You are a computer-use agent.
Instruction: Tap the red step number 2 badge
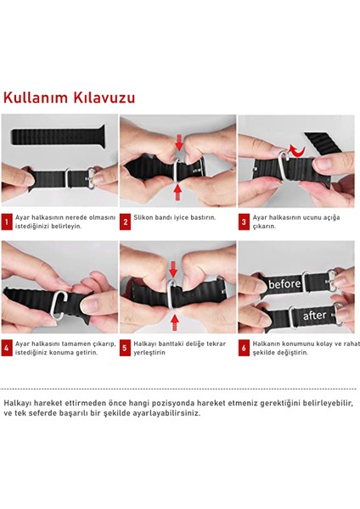pos(125,222)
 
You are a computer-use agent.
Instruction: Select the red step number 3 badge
pos(244,222)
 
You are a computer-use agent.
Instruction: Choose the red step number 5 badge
pos(125,348)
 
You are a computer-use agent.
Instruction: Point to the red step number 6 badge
pos(244,348)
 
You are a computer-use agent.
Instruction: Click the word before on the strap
pos(284,283)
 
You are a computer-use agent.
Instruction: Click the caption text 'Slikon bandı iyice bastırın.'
pos(175,218)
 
